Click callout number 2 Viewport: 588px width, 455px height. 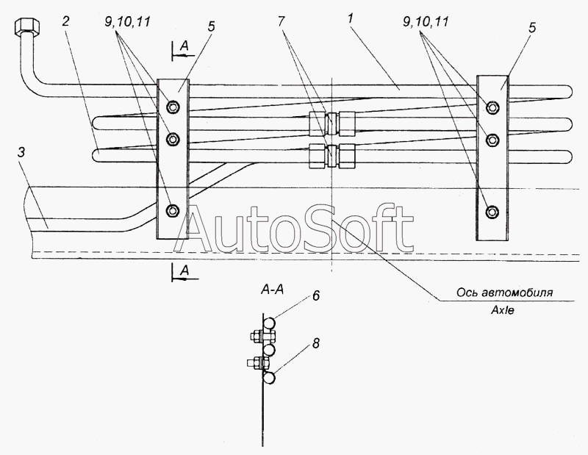66,21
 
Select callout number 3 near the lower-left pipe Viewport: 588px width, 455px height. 21,153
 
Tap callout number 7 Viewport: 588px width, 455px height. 282,21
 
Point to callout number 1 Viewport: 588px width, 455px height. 351,19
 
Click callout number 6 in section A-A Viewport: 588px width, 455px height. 316,296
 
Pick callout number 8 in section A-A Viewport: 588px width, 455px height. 316,343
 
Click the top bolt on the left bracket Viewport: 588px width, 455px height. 173,107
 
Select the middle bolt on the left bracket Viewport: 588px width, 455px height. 173,140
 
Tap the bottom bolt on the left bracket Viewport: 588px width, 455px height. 173,210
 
